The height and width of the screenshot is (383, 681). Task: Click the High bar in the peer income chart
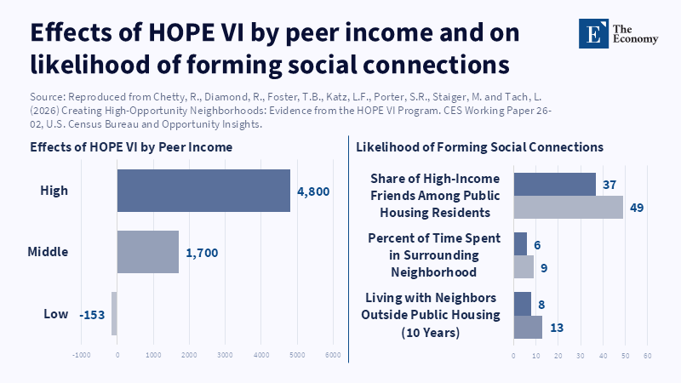pos(203,190)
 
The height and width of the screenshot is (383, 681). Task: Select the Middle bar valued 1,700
pos(147,252)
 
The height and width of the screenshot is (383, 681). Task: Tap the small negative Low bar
pos(114,314)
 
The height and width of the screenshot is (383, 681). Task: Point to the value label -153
pos(91,315)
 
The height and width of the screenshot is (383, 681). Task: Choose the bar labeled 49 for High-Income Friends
pos(568,207)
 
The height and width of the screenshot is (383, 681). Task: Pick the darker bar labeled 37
pos(554,184)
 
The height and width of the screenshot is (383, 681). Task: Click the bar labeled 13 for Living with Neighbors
pos(528,328)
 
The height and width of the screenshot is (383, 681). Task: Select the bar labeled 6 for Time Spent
pos(520,243)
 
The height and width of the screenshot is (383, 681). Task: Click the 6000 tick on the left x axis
pos(333,355)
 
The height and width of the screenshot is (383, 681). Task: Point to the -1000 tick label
pos(81,355)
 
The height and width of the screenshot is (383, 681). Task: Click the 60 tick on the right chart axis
pos(648,355)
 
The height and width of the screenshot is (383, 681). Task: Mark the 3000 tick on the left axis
pos(225,355)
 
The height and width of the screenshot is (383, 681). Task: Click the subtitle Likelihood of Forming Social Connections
pos(479,147)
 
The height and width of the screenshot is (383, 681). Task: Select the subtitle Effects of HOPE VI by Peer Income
pos(131,147)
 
